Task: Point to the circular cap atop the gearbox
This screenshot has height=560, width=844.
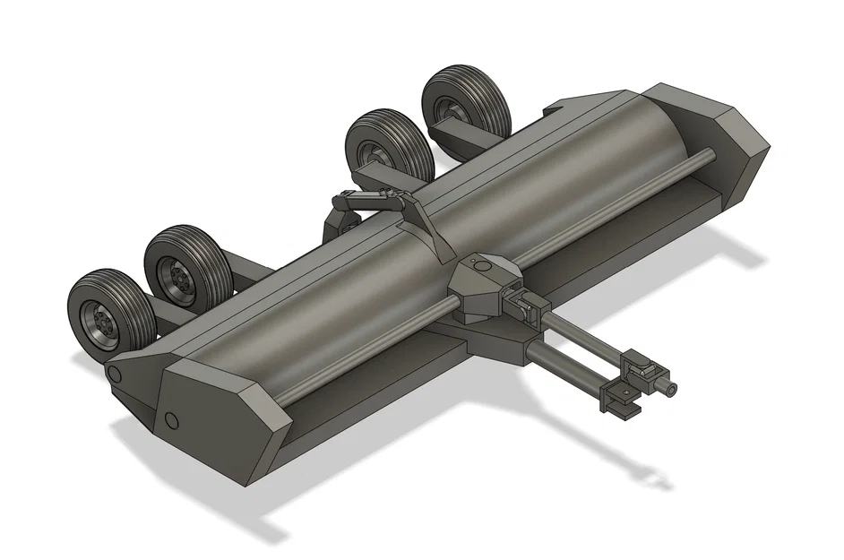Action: tap(482, 265)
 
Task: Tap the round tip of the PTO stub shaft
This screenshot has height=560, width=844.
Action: tap(670, 388)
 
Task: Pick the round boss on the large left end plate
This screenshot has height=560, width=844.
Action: tap(171, 419)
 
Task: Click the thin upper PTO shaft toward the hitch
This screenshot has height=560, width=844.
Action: tap(582, 336)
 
